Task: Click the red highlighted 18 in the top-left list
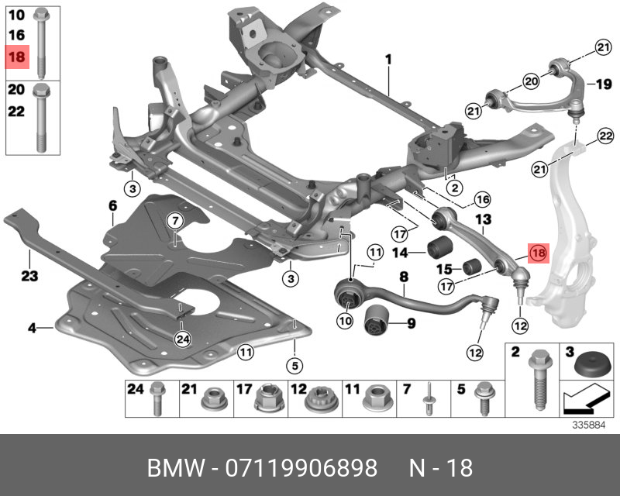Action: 17,56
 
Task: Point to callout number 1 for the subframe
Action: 388,60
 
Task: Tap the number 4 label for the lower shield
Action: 33,329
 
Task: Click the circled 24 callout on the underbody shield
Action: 182,338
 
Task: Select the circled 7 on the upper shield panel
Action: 175,220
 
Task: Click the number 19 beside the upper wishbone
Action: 594,84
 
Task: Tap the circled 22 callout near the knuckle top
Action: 604,138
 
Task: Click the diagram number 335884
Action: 588,425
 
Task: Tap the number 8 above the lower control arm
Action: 403,276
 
